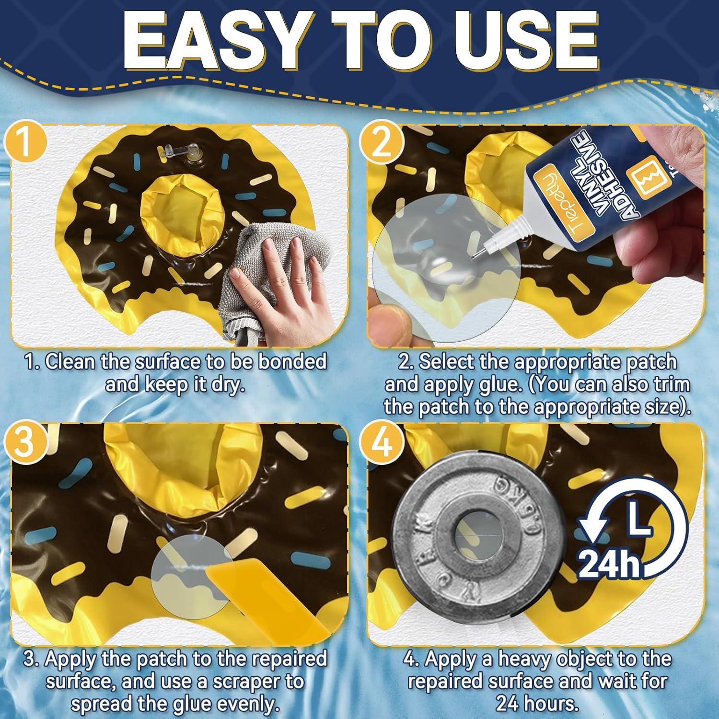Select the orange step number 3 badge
(25, 441)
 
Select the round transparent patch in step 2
(446, 268)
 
